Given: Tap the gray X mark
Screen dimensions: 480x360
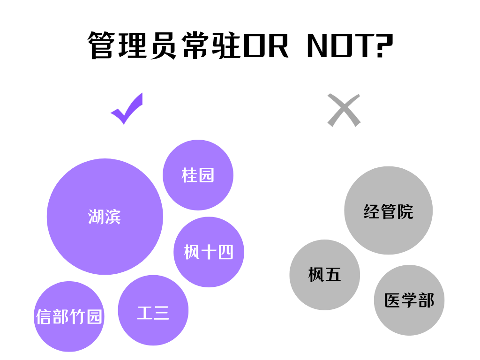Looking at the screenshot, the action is (x=344, y=110).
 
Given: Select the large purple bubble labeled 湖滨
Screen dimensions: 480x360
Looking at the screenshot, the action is (x=105, y=217).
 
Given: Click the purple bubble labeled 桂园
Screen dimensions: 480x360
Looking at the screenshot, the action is (x=198, y=175).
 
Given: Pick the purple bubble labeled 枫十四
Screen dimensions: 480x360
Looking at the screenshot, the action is (x=209, y=252).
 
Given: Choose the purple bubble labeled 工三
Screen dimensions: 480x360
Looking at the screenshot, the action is (x=153, y=310).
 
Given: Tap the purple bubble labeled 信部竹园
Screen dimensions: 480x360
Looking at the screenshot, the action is (x=69, y=316).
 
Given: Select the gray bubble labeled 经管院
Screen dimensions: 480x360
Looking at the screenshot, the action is (x=388, y=210).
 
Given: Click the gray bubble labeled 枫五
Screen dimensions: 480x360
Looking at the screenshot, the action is (x=324, y=275).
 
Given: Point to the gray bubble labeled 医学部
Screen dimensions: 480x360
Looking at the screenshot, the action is (x=409, y=300).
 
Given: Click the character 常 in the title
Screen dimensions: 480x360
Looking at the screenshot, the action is (x=193, y=46).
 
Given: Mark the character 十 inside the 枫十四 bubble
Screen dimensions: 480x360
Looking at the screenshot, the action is (x=208, y=252).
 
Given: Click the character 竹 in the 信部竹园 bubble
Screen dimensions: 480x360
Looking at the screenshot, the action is (x=77, y=316).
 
